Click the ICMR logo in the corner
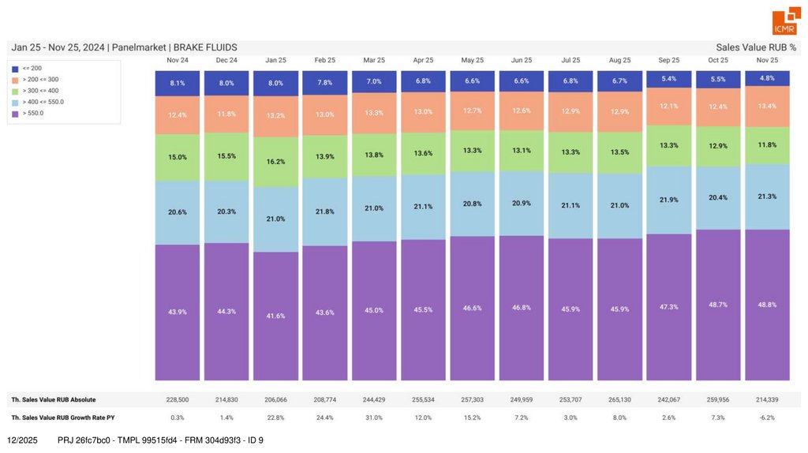tap(784, 22)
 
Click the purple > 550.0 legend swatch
tap(15, 113)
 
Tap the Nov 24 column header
tap(178, 60)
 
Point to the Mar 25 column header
tap(374, 60)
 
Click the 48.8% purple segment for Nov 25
tap(767, 305)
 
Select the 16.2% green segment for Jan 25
tap(275, 162)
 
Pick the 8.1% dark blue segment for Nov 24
tap(178, 83)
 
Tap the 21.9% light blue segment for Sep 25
tap(668, 200)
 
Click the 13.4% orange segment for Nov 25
tap(767, 107)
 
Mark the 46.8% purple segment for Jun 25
tap(522, 307)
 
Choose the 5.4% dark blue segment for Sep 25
tap(668, 79)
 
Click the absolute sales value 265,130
tap(619, 399)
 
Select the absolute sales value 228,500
tap(178, 399)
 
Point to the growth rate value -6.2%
tap(767, 417)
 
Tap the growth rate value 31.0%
tap(374, 417)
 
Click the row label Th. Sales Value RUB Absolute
tap(54, 399)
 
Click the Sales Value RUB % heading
tap(756, 47)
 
